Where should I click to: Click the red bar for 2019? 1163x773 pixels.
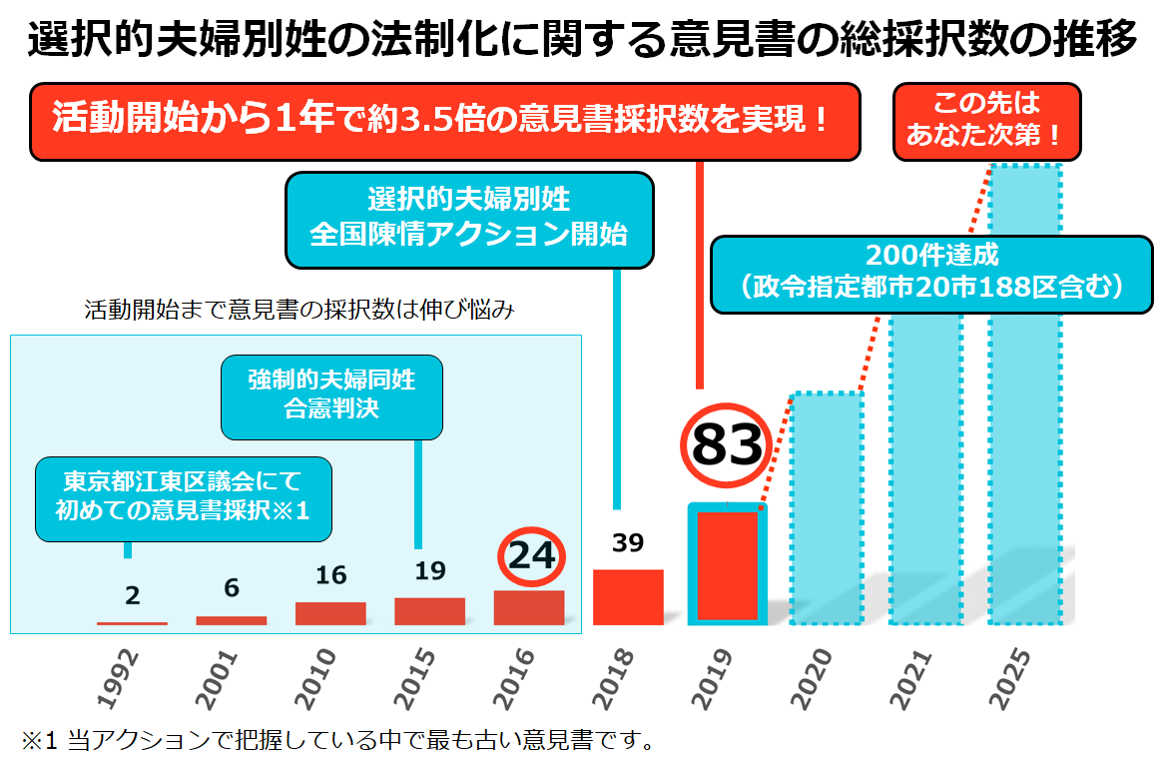(728, 565)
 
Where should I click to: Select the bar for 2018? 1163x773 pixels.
(629, 597)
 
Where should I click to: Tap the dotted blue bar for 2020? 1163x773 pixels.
(826, 509)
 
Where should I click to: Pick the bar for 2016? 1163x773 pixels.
(529, 607)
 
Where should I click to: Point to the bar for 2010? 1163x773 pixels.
(330, 613)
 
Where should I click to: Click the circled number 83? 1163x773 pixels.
(727, 445)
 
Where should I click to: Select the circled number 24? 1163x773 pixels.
(531, 555)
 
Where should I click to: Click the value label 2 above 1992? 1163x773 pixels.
(133, 596)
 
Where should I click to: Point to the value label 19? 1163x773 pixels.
(429, 571)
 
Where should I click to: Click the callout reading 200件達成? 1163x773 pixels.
(931, 274)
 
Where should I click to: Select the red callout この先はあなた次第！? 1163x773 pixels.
(985, 121)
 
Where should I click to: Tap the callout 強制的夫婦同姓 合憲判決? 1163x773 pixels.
(331, 395)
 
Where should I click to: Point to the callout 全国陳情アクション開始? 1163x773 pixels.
(469, 219)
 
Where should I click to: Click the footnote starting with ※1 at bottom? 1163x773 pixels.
(339, 742)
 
